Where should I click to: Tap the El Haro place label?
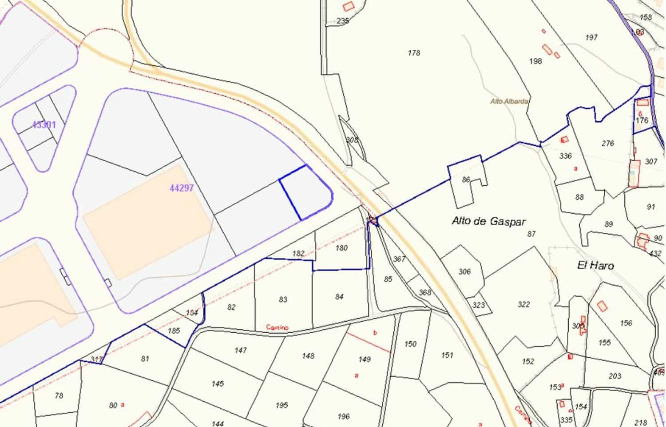[x=595, y=266]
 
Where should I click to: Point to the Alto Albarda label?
[x=509, y=101]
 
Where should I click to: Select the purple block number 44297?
[x=182, y=188]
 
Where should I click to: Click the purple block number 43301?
[x=44, y=125]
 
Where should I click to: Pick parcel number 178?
[x=414, y=53]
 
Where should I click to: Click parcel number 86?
[x=466, y=180]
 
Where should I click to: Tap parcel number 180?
[x=341, y=248]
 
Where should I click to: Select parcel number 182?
[x=298, y=254]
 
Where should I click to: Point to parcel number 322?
[x=523, y=304]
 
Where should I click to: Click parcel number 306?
[x=464, y=271]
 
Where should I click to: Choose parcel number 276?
[x=608, y=143]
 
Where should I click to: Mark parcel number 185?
[x=174, y=331]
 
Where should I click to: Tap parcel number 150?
[x=410, y=344]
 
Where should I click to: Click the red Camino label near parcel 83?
[x=277, y=328]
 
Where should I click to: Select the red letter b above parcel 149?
[x=375, y=332]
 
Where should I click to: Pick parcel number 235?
[x=343, y=21]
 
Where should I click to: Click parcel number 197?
[x=591, y=38]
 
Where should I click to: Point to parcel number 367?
[x=399, y=259]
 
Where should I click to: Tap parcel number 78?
[x=59, y=395]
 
